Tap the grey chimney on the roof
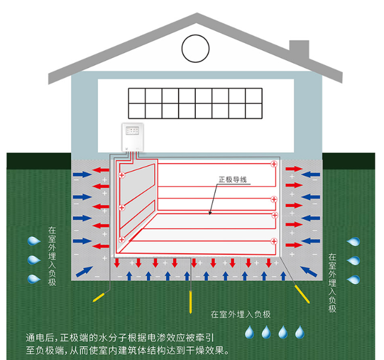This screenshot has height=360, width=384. click(x=299, y=48)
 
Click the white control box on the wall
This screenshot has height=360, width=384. click(x=133, y=137)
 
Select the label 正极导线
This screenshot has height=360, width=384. click(x=232, y=180)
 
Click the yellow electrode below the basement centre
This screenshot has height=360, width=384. click(x=191, y=302)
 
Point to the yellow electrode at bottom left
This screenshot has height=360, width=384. click(x=99, y=297)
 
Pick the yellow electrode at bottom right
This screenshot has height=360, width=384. click(x=302, y=294)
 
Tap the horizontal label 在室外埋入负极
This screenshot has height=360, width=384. click(x=241, y=314)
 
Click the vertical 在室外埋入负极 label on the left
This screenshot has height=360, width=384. click(x=52, y=256)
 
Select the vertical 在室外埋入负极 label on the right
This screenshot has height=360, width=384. click(x=332, y=282)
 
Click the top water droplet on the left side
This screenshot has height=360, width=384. click(x=34, y=241)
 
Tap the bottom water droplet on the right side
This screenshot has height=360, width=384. click(x=354, y=279)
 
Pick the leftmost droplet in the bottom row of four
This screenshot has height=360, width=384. click(x=249, y=332)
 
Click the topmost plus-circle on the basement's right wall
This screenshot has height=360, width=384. click(x=274, y=164)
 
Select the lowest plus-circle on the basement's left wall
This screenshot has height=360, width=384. click(x=122, y=239)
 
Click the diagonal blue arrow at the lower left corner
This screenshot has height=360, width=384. click(x=84, y=272)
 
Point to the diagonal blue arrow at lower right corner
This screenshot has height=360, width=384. click(x=309, y=272)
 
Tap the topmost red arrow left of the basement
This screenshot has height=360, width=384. click(x=101, y=170)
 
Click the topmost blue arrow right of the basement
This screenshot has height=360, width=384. click(x=311, y=174)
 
